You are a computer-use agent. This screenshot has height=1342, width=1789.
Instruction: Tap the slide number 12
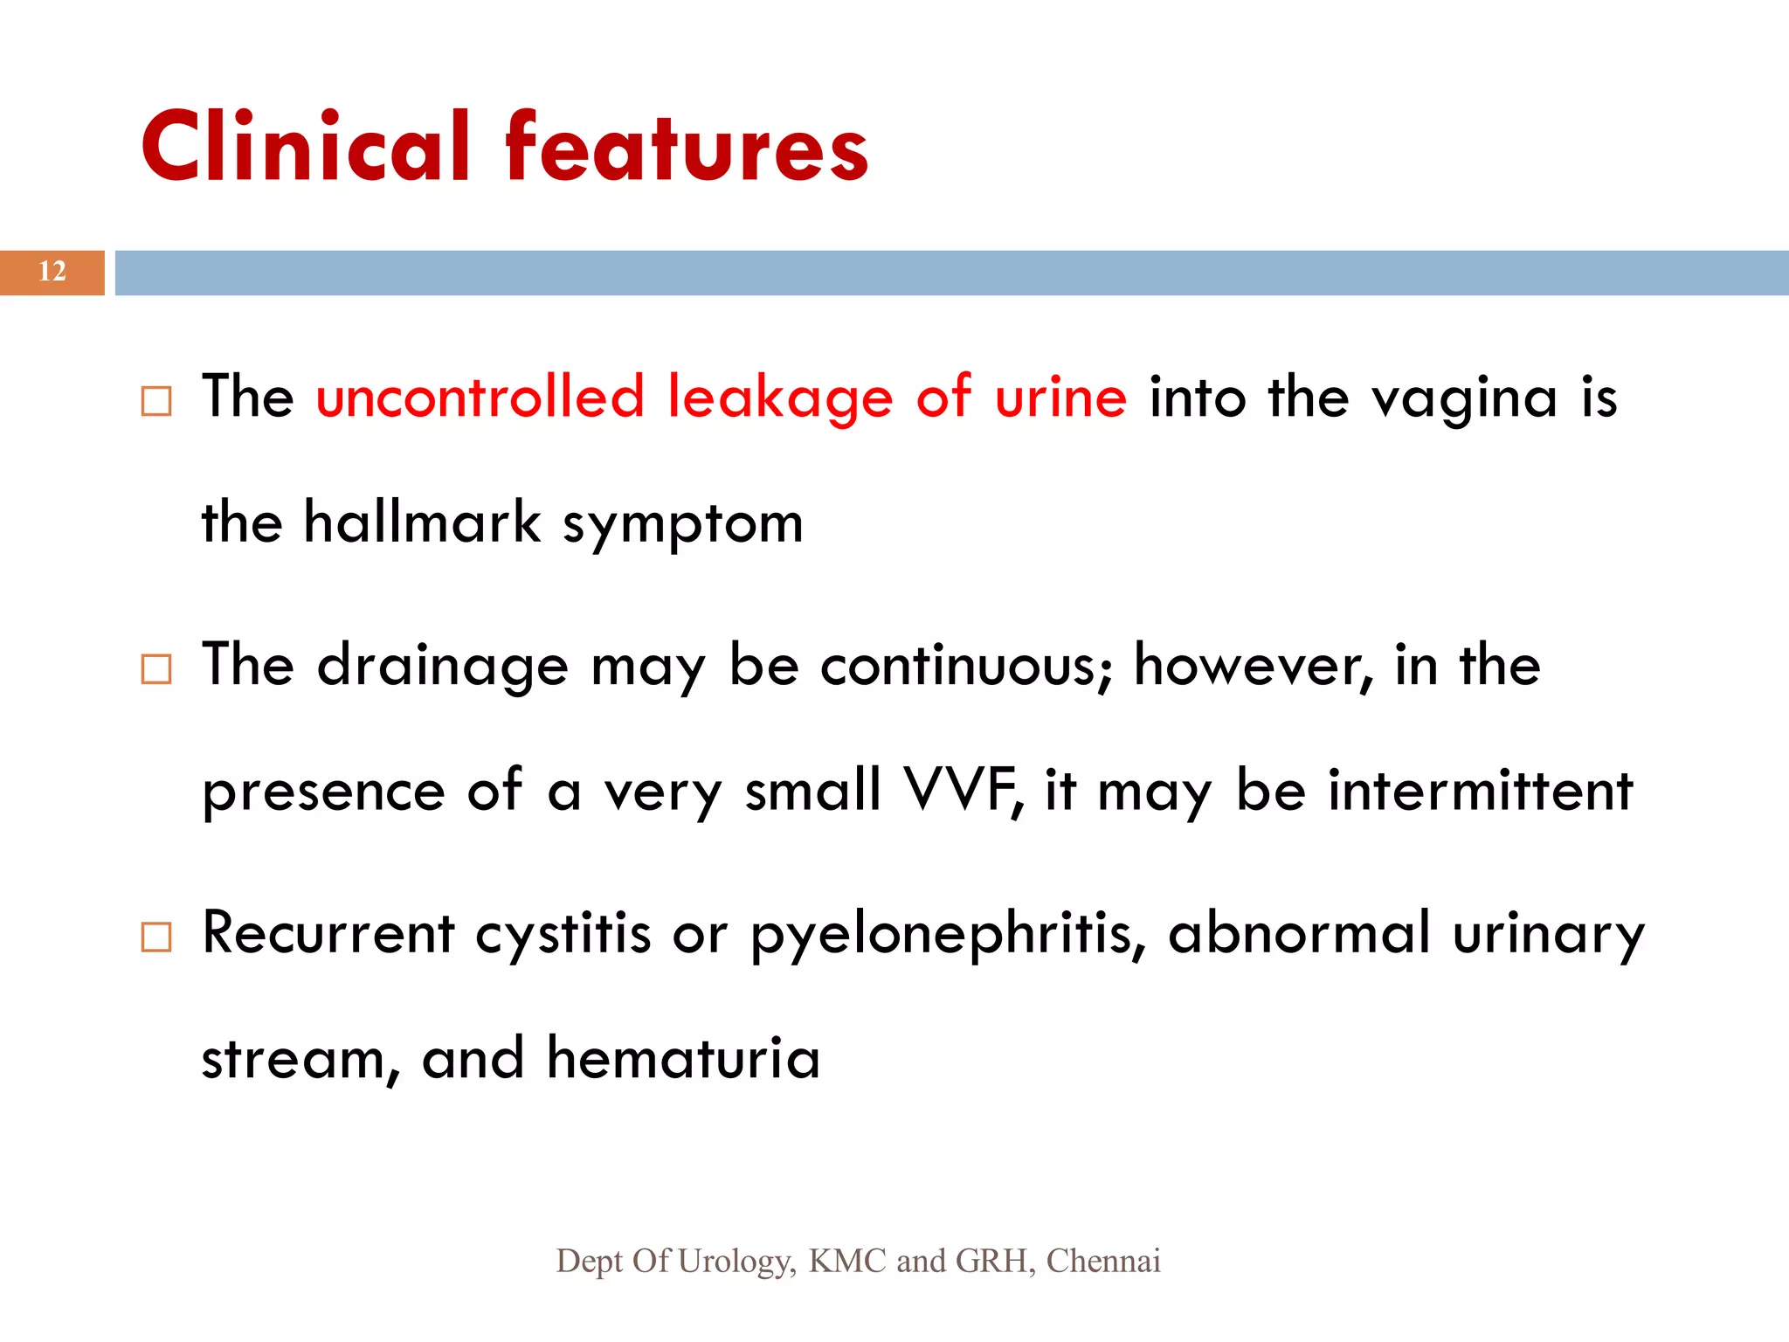[x=52, y=272]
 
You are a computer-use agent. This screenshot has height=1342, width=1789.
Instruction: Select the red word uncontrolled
[x=480, y=398]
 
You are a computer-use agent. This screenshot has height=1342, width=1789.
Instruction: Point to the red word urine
[x=1060, y=398]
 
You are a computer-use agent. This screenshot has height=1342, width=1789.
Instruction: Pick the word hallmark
[x=422, y=522]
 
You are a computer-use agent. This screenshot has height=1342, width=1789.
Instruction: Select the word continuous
[x=966, y=666]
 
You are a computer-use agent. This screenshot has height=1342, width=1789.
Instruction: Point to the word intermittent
[x=1480, y=790]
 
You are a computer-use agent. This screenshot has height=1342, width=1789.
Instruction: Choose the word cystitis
[x=563, y=933]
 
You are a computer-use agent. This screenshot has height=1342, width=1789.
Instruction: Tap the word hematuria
[x=683, y=1058]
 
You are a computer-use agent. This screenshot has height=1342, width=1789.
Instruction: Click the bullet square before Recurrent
[x=156, y=937]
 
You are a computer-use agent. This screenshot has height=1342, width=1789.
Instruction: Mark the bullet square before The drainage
[x=156, y=669]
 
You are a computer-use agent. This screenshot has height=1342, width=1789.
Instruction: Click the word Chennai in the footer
[x=1103, y=1261]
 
